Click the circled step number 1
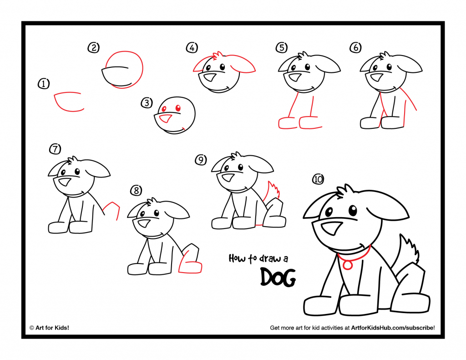(x=44, y=84)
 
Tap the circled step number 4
(x=192, y=48)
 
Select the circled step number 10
(x=318, y=179)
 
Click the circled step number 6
(x=355, y=47)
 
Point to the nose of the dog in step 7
(x=65, y=182)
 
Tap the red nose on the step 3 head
(x=166, y=119)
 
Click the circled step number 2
(x=93, y=48)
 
